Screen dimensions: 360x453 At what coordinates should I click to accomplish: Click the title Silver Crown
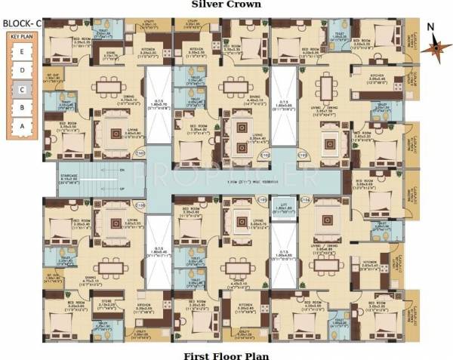[x=226, y=5]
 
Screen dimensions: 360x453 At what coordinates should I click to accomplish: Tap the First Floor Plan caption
[x=226, y=354]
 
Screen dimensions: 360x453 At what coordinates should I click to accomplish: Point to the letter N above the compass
[x=429, y=28]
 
